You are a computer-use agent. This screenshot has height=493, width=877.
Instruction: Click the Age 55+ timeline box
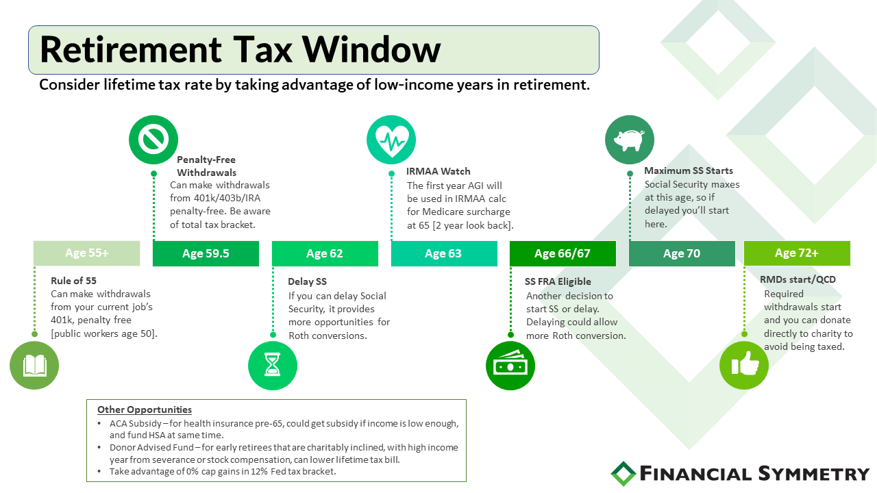(x=86, y=253)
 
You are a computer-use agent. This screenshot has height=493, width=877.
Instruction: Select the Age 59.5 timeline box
(x=206, y=253)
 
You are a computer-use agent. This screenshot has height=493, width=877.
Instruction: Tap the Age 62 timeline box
(x=325, y=253)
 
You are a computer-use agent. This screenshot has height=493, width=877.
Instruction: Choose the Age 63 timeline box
(x=444, y=253)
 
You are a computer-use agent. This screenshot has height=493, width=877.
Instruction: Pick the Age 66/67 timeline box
(x=563, y=253)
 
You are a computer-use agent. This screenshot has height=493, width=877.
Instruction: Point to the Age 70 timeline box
(x=682, y=253)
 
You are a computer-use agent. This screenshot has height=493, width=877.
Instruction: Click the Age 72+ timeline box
(x=797, y=253)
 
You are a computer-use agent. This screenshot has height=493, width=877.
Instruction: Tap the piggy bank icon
(x=630, y=140)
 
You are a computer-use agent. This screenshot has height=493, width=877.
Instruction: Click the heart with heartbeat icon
(x=391, y=140)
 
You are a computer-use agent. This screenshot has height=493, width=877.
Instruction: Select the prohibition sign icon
(x=153, y=140)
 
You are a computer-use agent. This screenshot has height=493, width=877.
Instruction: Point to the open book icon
(x=34, y=366)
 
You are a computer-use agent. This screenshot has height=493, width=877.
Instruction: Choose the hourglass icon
(x=273, y=366)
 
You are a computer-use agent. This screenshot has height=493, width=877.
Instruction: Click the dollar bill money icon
(x=510, y=366)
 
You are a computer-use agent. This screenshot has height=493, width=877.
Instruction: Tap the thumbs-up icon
(x=744, y=366)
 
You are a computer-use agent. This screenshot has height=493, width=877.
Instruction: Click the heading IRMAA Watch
(x=438, y=171)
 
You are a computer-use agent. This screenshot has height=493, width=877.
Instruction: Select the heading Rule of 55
(x=73, y=281)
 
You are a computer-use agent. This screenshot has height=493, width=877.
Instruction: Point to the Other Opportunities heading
(x=145, y=409)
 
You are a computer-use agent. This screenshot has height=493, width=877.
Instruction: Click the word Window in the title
(x=371, y=50)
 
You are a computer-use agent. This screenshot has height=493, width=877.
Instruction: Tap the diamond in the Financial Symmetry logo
(x=623, y=474)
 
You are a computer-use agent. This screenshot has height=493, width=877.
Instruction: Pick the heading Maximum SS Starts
(x=689, y=170)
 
